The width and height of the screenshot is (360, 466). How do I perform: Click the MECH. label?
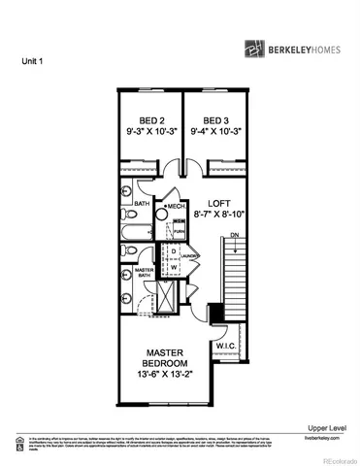click(176, 206)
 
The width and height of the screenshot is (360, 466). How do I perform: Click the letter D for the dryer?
click(173, 250)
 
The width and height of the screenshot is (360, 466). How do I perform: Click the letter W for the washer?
click(173, 267)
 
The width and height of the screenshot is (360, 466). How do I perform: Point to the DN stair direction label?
click(234, 236)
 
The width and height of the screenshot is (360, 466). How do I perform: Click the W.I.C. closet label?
click(226, 346)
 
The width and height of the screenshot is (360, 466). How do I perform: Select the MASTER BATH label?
click(146, 273)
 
